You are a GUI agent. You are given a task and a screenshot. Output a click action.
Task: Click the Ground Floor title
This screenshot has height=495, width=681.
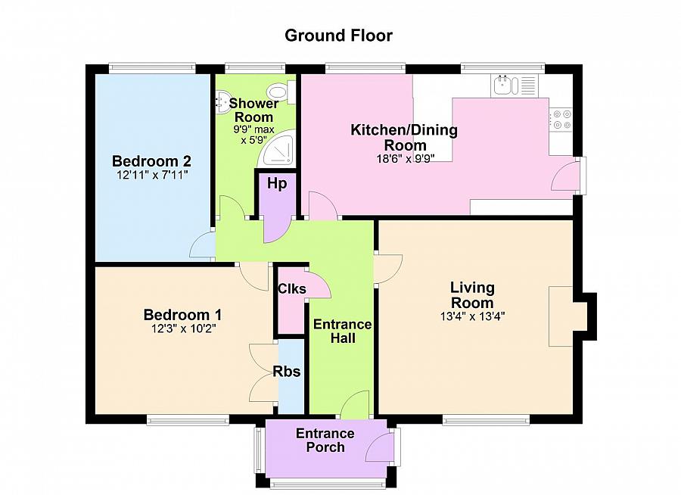tap(338, 36)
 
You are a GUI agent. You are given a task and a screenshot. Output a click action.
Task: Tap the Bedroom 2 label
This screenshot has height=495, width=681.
tap(151, 161)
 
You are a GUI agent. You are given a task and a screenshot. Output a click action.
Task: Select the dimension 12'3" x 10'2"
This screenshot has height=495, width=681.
tap(184, 328)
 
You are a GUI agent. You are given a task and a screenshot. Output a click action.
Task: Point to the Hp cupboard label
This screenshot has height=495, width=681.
tap(277, 184)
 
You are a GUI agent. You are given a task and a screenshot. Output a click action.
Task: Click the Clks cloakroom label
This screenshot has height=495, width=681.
tap(291, 288)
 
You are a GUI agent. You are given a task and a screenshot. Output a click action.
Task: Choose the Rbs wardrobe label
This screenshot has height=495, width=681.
tap(287, 372)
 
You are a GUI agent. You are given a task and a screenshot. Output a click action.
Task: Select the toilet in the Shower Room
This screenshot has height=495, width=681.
tap(282, 92)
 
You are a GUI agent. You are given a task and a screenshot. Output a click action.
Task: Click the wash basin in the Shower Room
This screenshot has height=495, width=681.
tap(224, 103)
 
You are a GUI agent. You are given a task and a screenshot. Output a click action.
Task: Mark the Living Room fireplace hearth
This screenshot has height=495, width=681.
tap(561, 316)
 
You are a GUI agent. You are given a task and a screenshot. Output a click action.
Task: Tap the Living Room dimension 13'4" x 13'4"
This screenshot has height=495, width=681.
tap(472, 316)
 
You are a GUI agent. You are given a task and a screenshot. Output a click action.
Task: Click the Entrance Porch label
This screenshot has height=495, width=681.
tap(325, 441)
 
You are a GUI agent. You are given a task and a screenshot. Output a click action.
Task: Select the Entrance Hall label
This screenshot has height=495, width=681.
tap(342, 332)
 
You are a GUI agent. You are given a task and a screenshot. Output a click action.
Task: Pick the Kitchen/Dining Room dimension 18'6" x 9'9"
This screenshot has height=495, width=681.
tap(406, 159)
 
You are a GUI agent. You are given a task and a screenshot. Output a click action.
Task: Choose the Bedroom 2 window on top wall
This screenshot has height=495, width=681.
tap(152, 67)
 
